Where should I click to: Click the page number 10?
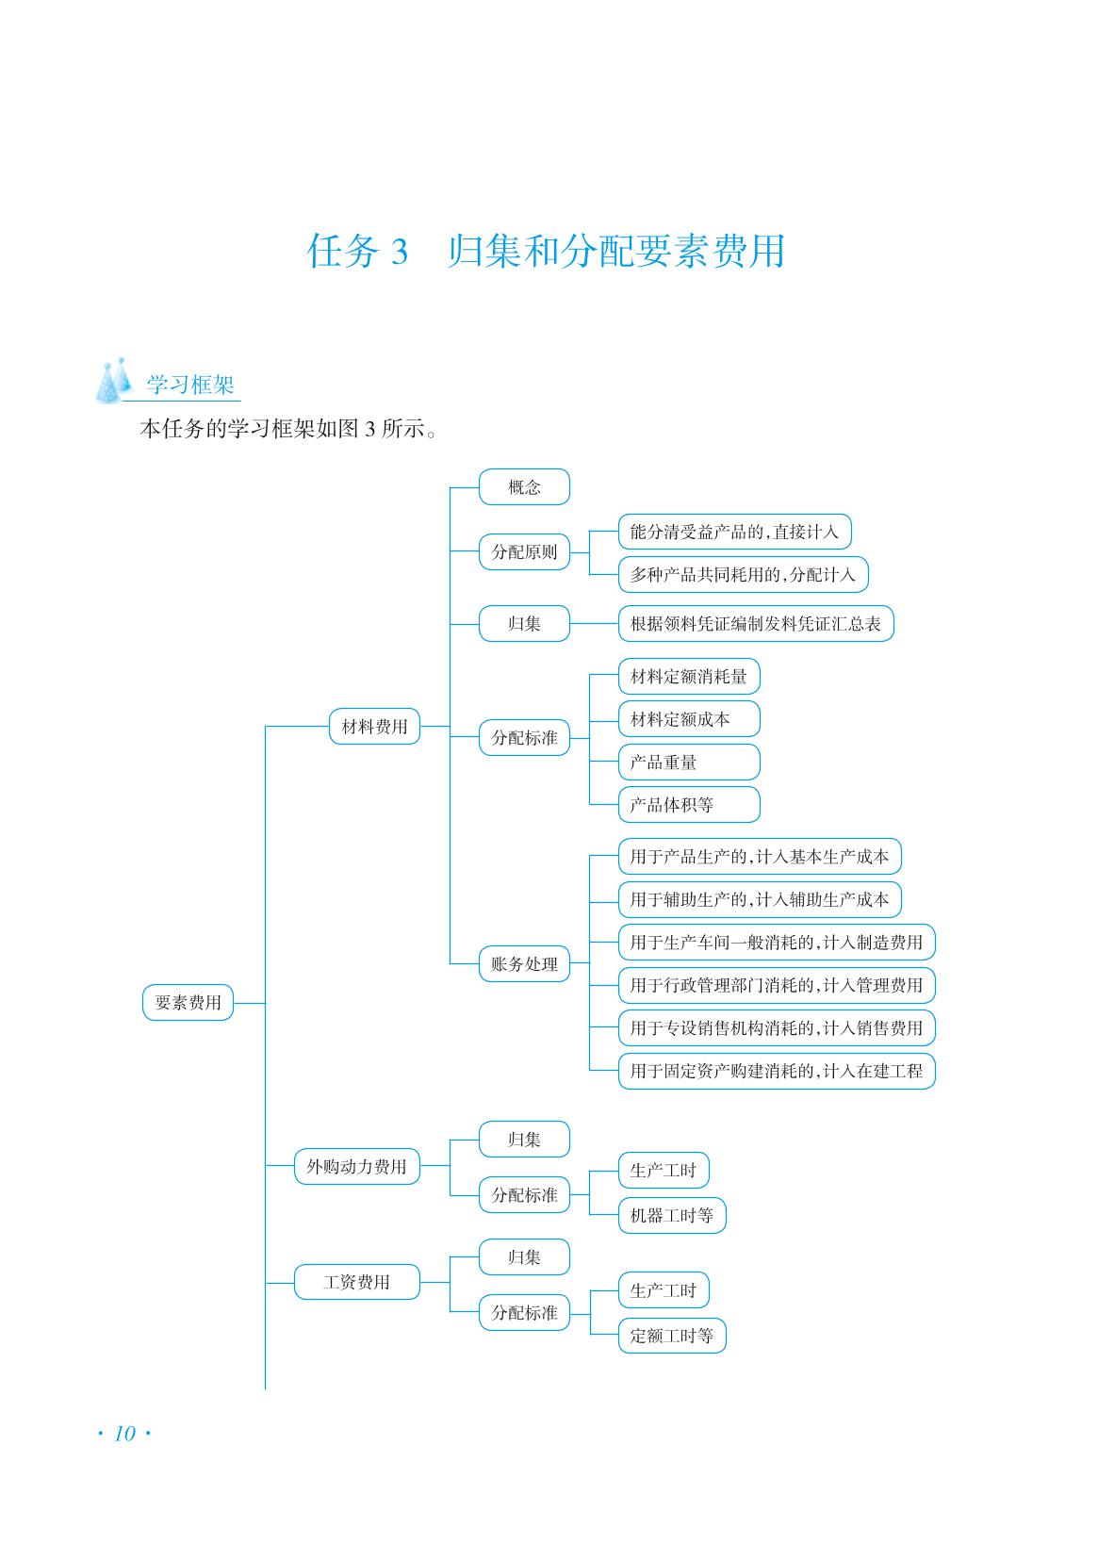pyautogui.click(x=124, y=1434)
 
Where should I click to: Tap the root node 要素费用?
pyautogui.click(x=188, y=1002)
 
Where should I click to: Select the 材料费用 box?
pyautogui.click(x=375, y=726)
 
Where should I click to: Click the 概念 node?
pyautogui.click(x=524, y=487)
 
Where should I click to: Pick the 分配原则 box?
pyautogui.click(x=524, y=551)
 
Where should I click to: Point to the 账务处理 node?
pyautogui.click(x=524, y=963)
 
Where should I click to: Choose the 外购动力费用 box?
pyautogui.click(x=357, y=1166)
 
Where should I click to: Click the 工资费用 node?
pyautogui.click(x=357, y=1282)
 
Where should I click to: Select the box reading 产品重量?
pyautogui.click(x=689, y=762)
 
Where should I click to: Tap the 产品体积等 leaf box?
pyautogui.click(x=689, y=805)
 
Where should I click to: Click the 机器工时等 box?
pyautogui.click(x=672, y=1215)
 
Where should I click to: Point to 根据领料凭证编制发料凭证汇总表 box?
pyautogui.click(x=756, y=623)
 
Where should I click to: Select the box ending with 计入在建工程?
pyautogui.click(x=777, y=1071)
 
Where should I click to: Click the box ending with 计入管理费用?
pyautogui.click(x=777, y=985)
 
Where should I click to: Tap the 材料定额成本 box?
pyautogui.click(x=689, y=719)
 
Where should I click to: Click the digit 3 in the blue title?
pyautogui.click(x=400, y=252)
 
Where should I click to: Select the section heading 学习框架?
pyautogui.click(x=190, y=385)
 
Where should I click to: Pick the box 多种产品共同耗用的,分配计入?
pyautogui.click(x=743, y=574)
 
